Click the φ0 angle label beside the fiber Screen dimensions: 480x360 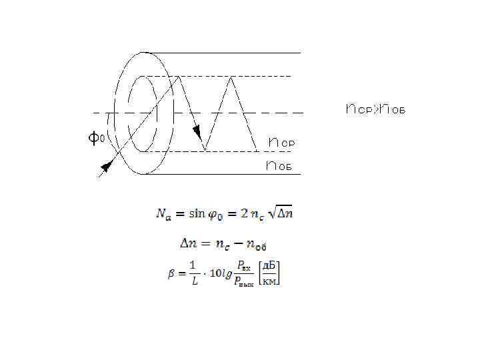tap(96, 139)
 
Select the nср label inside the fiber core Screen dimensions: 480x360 tap(281, 143)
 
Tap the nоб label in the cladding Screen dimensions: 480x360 tap(279, 165)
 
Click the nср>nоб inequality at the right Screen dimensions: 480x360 tap(375, 109)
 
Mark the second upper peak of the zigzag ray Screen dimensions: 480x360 tap(231, 79)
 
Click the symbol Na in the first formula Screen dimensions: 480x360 tap(164, 214)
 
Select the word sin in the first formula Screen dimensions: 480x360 tap(197, 213)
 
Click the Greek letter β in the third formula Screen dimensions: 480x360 tap(171, 274)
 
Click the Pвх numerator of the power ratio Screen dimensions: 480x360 tap(245, 267)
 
